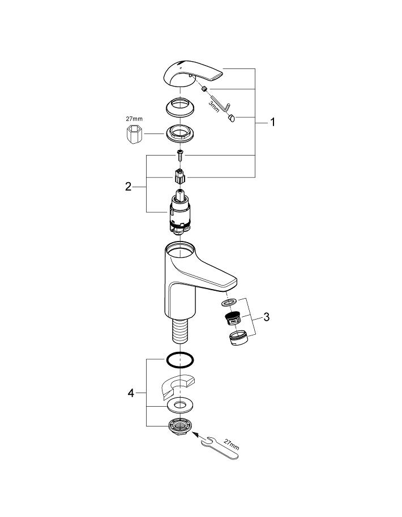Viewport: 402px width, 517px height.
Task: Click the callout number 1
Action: (272, 122)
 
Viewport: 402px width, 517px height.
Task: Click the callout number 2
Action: (129, 186)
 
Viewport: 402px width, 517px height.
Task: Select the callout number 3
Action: (266, 316)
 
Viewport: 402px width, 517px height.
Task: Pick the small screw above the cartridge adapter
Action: (178, 153)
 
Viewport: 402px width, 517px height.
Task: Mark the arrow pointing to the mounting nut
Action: (198, 436)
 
